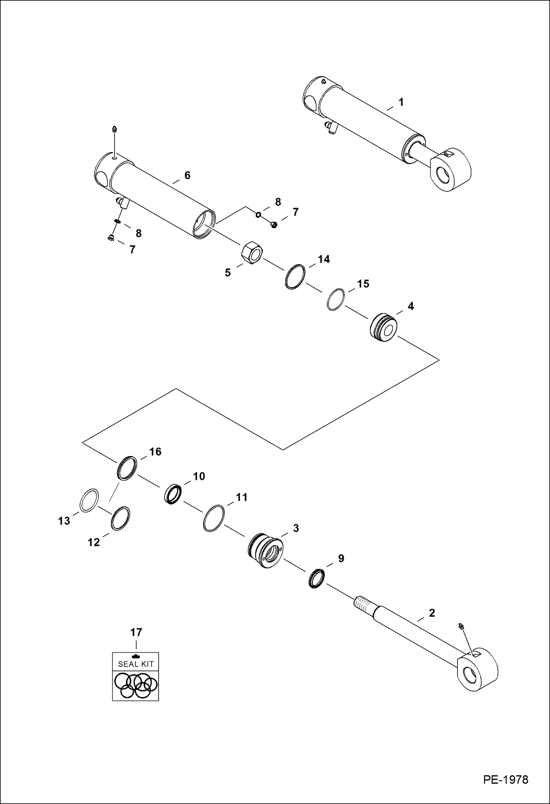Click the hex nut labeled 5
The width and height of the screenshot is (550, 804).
click(252, 253)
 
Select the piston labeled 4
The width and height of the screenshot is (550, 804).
click(383, 327)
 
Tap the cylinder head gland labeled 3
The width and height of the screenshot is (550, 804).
click(265, 551)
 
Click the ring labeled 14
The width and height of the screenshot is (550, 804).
click(295, 277)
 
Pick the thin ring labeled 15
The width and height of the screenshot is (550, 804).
click(336, 300)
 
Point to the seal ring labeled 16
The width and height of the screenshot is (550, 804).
click(127, 468)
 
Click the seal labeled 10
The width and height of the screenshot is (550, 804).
click(173, 494)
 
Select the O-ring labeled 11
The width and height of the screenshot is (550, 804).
click(214, 518)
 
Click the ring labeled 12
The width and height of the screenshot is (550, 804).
click(120, 518)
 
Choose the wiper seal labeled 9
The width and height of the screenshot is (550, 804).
click(316, 578)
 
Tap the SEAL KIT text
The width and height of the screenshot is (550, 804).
click(135, 664)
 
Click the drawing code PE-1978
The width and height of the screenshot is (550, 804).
click(505, 779)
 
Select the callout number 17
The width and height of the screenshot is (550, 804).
click(136, 632)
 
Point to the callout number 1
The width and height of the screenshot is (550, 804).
click(401, 102)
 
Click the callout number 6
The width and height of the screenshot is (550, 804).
click(187, 175)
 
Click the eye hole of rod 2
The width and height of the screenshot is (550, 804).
click(469, 674)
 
